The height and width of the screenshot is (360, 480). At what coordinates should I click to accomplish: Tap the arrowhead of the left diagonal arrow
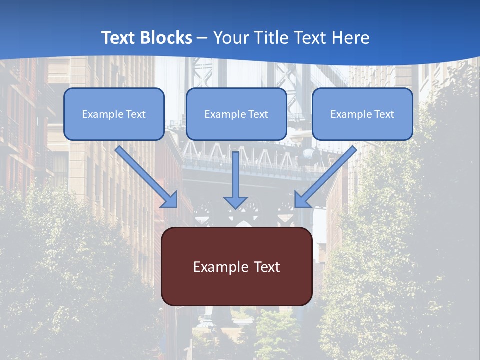tap(171, 200)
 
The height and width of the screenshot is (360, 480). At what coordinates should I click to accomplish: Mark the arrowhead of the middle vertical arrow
tap(235, 202)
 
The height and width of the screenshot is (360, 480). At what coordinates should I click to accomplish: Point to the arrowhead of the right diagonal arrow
tap(301, 200)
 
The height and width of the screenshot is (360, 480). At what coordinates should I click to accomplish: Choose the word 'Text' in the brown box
tap(267, 267)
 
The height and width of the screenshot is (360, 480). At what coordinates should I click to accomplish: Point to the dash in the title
tap(202, 38)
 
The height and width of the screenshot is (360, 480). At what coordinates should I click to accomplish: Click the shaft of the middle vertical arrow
tap(235, 172)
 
